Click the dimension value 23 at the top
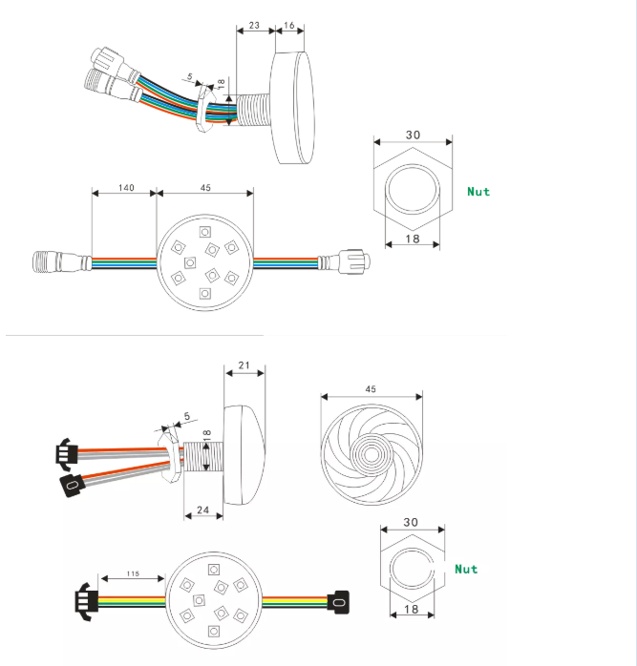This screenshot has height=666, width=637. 254,26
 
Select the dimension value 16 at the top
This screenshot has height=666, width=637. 289,26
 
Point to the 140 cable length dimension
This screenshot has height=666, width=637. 126,188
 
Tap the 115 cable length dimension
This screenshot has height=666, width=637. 133,573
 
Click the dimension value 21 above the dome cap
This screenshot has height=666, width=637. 244,365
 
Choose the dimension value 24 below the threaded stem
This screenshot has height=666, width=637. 203,510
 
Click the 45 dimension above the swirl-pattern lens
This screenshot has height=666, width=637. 371,389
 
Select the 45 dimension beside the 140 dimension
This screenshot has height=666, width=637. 205,188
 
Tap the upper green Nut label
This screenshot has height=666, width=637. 478,192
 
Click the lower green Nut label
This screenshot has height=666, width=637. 466,570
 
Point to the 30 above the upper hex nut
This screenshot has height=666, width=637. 413,135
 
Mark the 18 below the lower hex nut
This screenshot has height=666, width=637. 412,610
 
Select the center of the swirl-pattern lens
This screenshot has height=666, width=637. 372,455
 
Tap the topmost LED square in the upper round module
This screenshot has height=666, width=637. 205,232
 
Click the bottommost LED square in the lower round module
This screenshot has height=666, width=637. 214,631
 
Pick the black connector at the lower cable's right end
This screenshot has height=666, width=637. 338,602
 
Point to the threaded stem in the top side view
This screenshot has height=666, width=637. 253,110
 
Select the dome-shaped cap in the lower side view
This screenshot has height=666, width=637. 244,455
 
